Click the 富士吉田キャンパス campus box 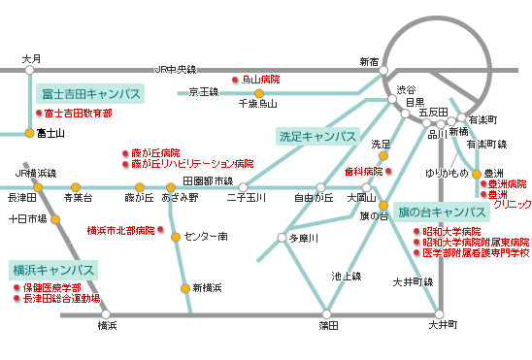pyautogui.click(x=90, y=94)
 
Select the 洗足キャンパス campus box pyautogui.click(x=316, y=136)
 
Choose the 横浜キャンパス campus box pyautogui.click(x=53, y=269)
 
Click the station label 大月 pyautogui.click(x=31, y=59)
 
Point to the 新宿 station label pyautogui.click(x=369, y=60)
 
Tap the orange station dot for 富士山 pyautogui.click(x=29, y=132)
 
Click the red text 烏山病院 pyautogui.click(x=260, y=79)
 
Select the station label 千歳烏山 pyautogui.click(x=257, y=103)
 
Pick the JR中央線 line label pyautogui.click(x=176, y=70)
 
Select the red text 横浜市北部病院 pyautogui.click(x=120, y=230)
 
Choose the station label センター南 pyautogui.click(x=206, y=236)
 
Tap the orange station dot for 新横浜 pyautogui.click(x=184, y=287)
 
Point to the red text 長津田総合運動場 pyautogui.click(x=62, y=299)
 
